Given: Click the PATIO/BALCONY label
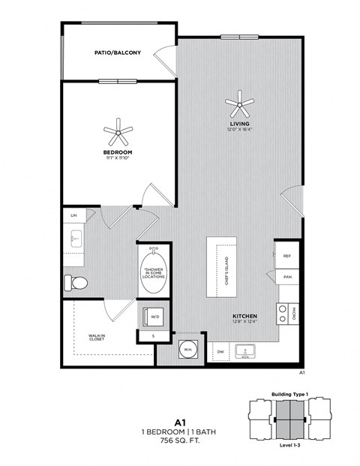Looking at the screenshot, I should (x=114, y=54).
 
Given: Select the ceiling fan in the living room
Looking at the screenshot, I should (x=240, y=101).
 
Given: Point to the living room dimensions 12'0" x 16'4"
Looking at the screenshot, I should (x=240, y=129).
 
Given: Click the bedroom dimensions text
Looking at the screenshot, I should (x=118, y=158).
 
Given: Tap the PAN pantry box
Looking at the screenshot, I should (x=287, y=277).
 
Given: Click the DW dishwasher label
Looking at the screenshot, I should (x=220, y=350).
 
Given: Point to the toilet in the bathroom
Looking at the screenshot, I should (x=77, y=283).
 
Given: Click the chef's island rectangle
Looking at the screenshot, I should (x=222, y=266).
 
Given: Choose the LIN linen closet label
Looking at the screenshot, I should (x=73, y=215).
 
